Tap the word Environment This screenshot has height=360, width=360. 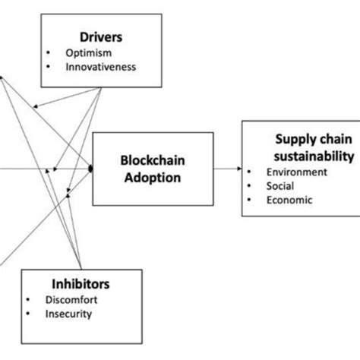point(296,172)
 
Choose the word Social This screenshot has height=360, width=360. point(280,186)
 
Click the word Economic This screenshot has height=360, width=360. point(289,200)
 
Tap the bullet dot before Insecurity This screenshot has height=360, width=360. point(27,313)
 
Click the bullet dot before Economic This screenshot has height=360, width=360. point(248,200)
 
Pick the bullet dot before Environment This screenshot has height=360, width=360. point(248,172)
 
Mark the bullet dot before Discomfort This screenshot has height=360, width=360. point(27,299)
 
